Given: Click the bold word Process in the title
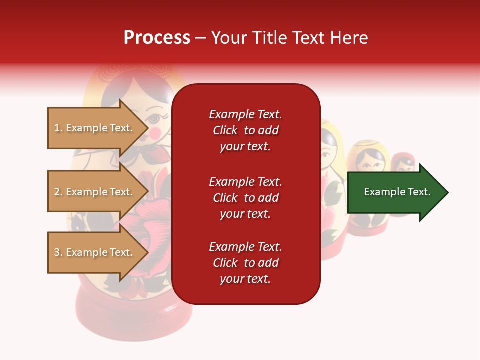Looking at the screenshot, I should point(157,38).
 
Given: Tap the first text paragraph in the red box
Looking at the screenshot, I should point(245,130).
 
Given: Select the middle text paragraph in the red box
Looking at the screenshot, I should point(245,198).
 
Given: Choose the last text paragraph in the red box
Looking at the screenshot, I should point(245,263).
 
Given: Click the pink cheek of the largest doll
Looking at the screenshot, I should point(156,132).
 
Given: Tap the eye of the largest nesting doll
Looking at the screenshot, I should point(154,119).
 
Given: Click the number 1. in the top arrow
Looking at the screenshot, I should point(58,128).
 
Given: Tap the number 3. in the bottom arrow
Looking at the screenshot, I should point(58,252).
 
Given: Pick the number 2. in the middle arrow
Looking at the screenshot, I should point(58,192).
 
